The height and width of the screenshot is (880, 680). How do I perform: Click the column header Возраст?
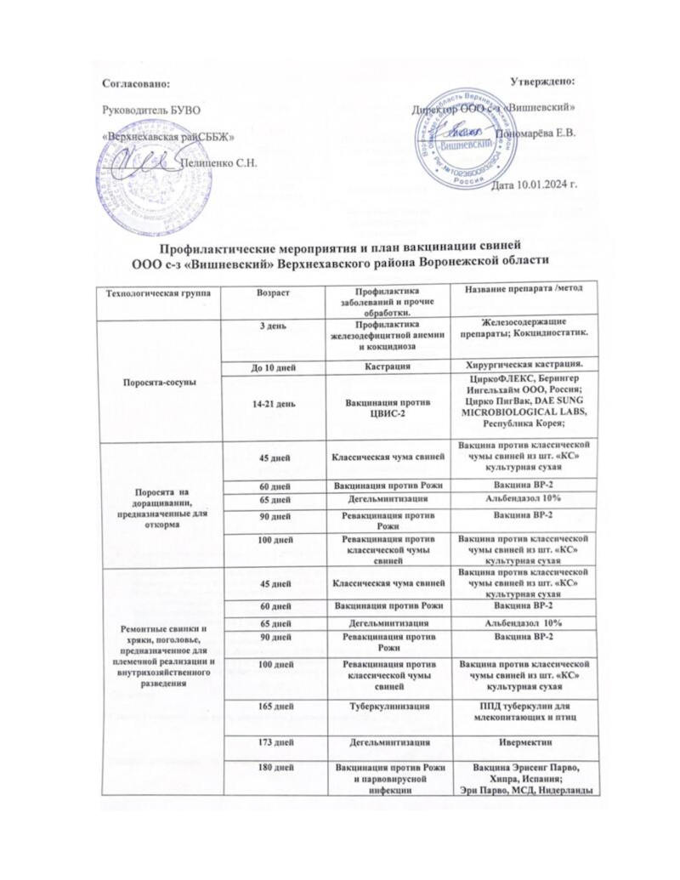coord(274,293)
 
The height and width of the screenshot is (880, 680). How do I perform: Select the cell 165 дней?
coord(275,707)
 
